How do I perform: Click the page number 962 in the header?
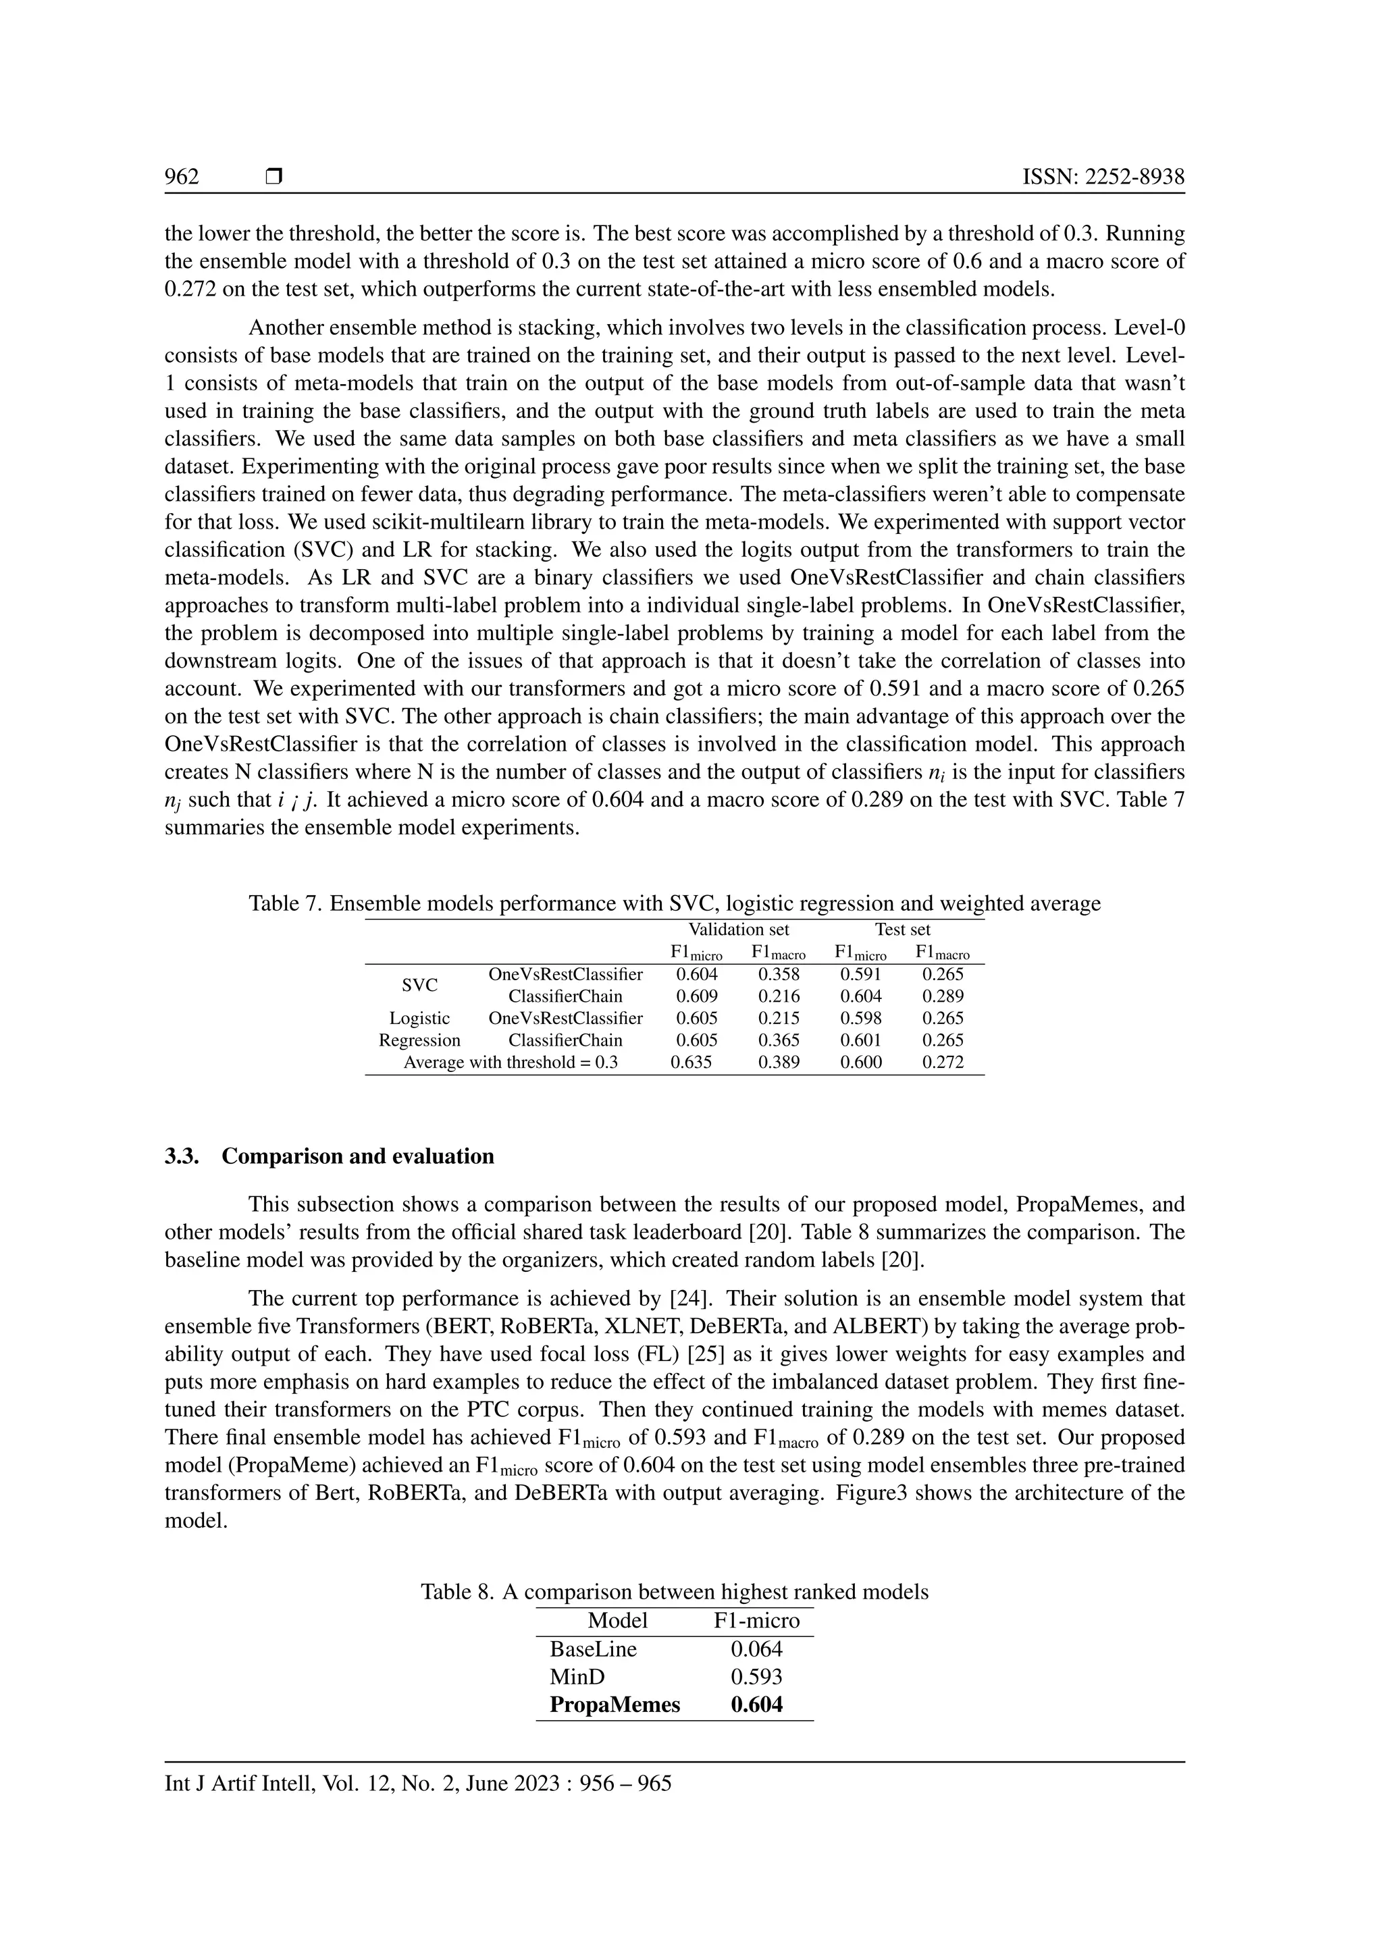(x=182, y=176)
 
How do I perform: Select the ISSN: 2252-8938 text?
(x=1103, y=176)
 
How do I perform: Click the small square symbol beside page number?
(x=273, y=176)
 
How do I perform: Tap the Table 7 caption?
(x=674, y=903)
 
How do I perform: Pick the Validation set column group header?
(x=738, y=930)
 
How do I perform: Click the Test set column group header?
(x=903, y=930)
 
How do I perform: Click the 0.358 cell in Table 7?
(x=779, y=974)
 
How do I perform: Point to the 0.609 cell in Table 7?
(x=697, y=996)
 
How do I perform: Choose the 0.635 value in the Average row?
(x=691, y=1063)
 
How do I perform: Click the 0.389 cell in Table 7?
(x=779, y=1063)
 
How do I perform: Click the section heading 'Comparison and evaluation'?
(x=358, y=1156)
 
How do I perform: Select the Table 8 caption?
(x=674, y=1591)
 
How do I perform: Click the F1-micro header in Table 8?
(x=756, y=1620)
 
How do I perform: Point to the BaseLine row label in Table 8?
(x=593, y=1649)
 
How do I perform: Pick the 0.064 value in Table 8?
(x=756, y=1649)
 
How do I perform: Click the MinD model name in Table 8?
(x=577, y=1678)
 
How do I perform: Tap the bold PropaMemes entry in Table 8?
(x=615, y=1705)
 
